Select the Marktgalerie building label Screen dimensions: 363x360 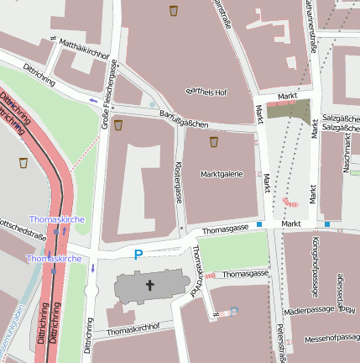[222, 174]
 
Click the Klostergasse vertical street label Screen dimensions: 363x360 [177, 183]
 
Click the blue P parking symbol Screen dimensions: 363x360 [138, 253]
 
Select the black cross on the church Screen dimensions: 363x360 [151, 286]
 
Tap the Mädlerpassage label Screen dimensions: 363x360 [309, 311]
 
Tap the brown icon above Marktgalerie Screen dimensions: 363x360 [214, 141]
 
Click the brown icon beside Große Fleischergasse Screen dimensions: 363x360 [118, 124]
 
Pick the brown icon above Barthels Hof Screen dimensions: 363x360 [174, 11]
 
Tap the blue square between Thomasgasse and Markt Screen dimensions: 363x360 [260, 224]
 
